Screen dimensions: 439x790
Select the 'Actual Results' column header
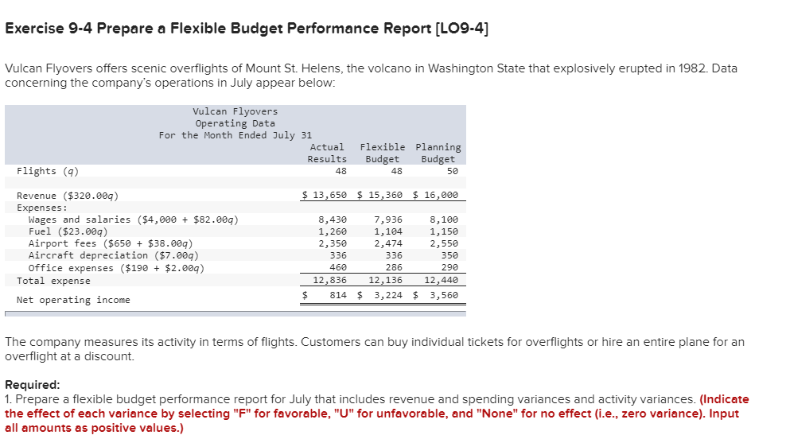pyautogui.click(x=327, y=153)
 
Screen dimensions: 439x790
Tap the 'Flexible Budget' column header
pyautogui.click(x=382, y=153)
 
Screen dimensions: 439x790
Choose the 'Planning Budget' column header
pyautogui.click(x=438, y=153)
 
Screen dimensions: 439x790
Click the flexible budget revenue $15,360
pyautogui.click(x=382, y=196)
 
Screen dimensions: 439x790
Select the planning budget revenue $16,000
pyautogui.click(x=438, y=196)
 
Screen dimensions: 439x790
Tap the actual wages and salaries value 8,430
pyautogui.click(x=332, y=219)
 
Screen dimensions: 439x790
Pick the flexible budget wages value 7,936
pyautogui.click(x=387, y=219)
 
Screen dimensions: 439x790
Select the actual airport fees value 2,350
pyautogui.click(x=332, y=243)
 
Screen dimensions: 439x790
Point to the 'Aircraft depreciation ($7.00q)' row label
pyautogui.click(x=113, y=255)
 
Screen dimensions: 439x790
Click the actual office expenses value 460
pyautogui.click(x=337, y=268)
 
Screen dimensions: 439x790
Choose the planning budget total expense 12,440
pyautogui.click(x=441, y=280)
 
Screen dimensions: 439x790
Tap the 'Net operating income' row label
pyautogui.click(x=73, y=300)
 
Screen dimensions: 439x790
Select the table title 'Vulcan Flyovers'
pyautogui.click(x=235, y=111)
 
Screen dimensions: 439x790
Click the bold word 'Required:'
pyautogui.click(x=33, y=384)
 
